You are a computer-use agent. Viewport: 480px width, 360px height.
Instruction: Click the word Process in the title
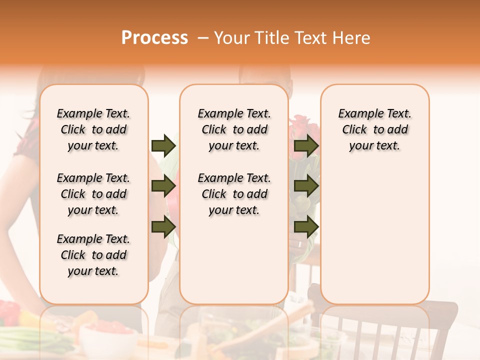(x=154, y=37)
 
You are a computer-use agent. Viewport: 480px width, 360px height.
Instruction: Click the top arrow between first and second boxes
(x=163, y=145)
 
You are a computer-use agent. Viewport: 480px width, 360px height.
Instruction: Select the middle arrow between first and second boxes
(x=163, y=186)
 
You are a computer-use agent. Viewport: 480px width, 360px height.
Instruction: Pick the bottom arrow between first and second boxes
(x=163, y=227)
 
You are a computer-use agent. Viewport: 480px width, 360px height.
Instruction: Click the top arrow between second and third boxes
(x=306, y=145)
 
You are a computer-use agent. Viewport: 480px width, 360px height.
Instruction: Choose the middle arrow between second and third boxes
(x=306, y=186)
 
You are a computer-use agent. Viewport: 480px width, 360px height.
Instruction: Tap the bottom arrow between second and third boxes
(x=306, y=227)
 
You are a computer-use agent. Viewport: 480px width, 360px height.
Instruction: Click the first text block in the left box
(x=93, y=129)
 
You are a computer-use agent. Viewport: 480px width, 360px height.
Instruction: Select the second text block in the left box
(x=93, y=194)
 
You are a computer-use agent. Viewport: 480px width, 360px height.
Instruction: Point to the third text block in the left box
(x=93, y=255)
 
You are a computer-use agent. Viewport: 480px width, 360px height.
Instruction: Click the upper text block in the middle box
(x=234, y=129)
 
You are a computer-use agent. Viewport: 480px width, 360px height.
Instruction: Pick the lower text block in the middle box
(x=234, y=194)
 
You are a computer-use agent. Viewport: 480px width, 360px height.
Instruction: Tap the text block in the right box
(x=374, y=129)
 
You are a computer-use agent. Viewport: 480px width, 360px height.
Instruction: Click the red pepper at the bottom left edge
(x=9, y=312)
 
